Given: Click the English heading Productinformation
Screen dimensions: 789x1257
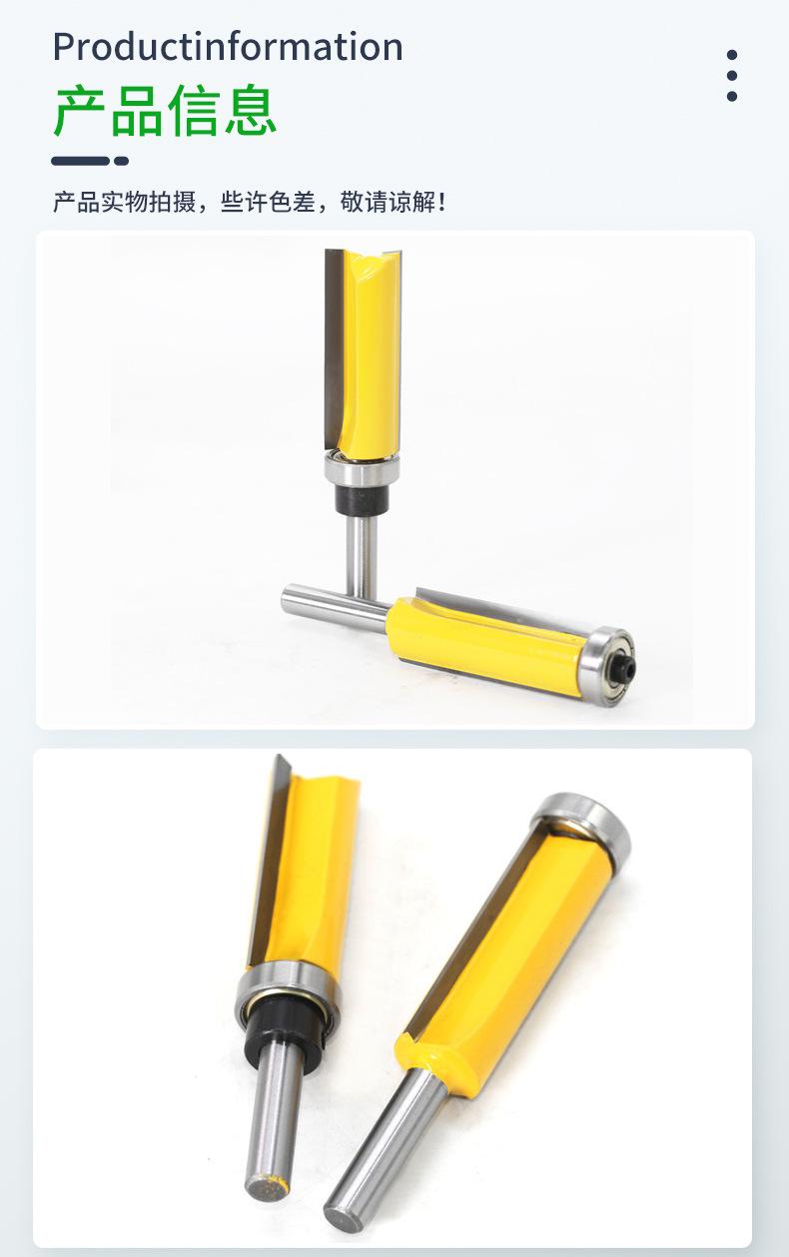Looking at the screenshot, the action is click(228, 47).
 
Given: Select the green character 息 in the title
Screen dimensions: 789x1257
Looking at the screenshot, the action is click(251, 110).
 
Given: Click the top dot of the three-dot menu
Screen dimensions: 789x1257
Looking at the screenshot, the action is click(731, 55).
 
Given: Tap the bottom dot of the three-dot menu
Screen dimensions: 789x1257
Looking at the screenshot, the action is click(731, 96).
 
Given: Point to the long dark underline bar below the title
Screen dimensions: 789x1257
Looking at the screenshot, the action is click(80, 161).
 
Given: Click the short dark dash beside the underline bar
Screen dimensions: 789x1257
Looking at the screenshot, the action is click(121, 161).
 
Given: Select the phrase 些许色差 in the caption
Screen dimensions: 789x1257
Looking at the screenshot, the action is click(268, 202).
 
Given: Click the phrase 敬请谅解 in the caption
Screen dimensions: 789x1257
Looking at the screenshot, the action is click(388, 202).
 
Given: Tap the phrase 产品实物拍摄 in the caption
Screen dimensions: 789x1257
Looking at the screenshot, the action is click(124, 202).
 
